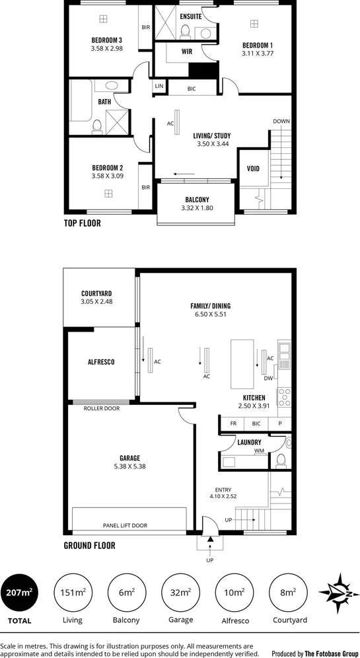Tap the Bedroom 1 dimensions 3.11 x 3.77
tap(257, 54)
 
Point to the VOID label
tap(253, 168)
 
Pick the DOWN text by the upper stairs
tap(281, 121)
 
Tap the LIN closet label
tap(159, 87)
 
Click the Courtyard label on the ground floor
tap(96, 293)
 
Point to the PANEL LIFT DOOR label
tap(125, 526)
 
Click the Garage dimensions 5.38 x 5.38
tap(129, 466)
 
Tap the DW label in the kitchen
tap(268, 379)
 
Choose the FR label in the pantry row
tap(233, 423)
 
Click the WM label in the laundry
tap(259, 451)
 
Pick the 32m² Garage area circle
tap(180, 592)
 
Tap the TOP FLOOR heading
tap(82, 223)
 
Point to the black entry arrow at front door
tap(211, 540)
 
